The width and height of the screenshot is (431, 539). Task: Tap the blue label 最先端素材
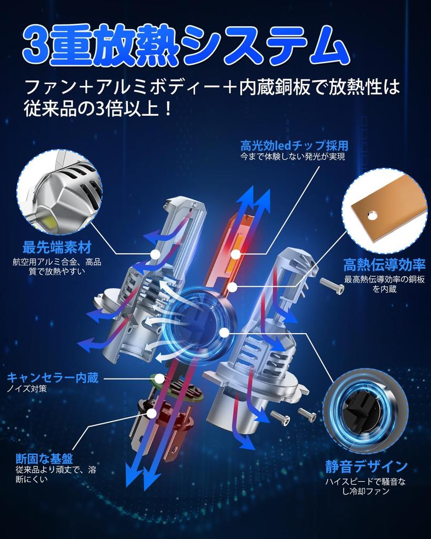[x=57, y=247]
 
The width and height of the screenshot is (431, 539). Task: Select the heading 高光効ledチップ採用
[x=294, y=146]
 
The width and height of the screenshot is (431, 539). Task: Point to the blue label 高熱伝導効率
[x=384, y=265]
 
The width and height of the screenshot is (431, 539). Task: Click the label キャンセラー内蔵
[x=53, y=378]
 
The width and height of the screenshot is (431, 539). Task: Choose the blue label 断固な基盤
[x=44, y=458]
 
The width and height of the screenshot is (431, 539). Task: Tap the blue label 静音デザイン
[x=366, y=466]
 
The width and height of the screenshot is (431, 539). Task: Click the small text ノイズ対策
[x=27, y=389]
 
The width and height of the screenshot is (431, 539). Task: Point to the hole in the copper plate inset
[x=372, y=215]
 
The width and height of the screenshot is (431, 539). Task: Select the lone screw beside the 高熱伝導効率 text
[x=332, y=286]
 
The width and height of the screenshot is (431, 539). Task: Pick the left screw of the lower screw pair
[x=280, y=417]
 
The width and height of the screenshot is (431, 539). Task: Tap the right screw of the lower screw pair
[x=307, y=413]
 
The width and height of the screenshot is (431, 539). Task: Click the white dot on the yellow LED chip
[x=235, y=254]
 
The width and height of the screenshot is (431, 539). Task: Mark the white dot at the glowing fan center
[x=224, y=333]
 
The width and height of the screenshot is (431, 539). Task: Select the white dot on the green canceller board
[x=160, y=379]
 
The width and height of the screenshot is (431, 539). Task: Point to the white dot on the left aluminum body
[x=156, y=254]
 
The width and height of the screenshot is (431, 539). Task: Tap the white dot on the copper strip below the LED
[x=233, y=286]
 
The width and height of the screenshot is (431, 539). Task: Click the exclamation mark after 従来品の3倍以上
[x=168, y=108]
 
